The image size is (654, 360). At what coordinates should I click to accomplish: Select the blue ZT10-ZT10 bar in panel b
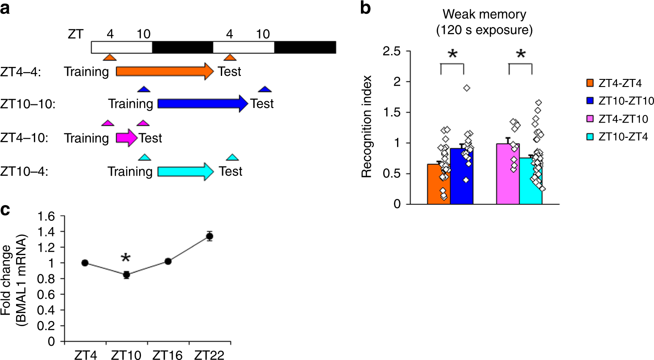(x=461, y=177)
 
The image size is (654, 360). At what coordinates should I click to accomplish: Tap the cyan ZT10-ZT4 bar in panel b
(x=531, y=181)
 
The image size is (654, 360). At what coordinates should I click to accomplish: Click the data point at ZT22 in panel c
(x=209, y=236)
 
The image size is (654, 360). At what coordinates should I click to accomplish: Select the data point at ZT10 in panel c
(x=126, y=275)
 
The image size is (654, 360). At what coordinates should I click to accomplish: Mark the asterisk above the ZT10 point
(x=126, y=258)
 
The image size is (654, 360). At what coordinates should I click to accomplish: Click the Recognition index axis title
(x=367, y=128)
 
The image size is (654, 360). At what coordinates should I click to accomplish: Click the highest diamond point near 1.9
(x=467, y=88)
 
